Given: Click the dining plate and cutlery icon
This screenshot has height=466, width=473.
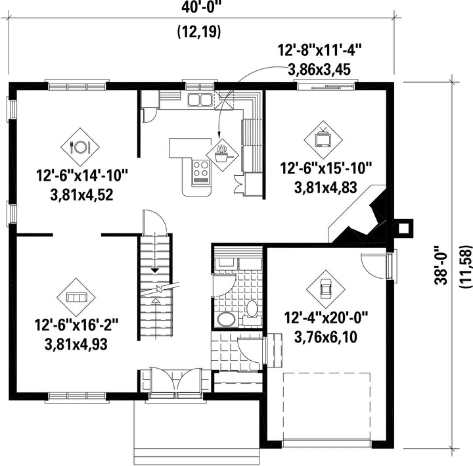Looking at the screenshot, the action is click(80, 147).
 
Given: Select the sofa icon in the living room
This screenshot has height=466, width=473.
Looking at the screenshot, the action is click(76, 297).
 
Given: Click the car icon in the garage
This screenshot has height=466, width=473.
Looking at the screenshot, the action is click(325, 289).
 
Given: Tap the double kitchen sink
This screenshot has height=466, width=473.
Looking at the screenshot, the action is click(200, 100).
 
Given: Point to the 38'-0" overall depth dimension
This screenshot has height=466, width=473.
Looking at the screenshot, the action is click(441, 265).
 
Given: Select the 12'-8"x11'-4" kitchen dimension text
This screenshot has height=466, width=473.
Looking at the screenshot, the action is click(320, 50).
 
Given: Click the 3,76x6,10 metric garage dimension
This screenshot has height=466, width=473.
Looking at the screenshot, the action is click(326, 337).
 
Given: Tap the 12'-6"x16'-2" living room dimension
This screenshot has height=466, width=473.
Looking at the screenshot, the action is click(76, 325).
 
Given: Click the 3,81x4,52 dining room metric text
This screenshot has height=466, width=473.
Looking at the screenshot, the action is click(81, 195).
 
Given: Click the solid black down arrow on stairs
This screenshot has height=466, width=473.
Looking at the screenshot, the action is click(155, 270).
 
